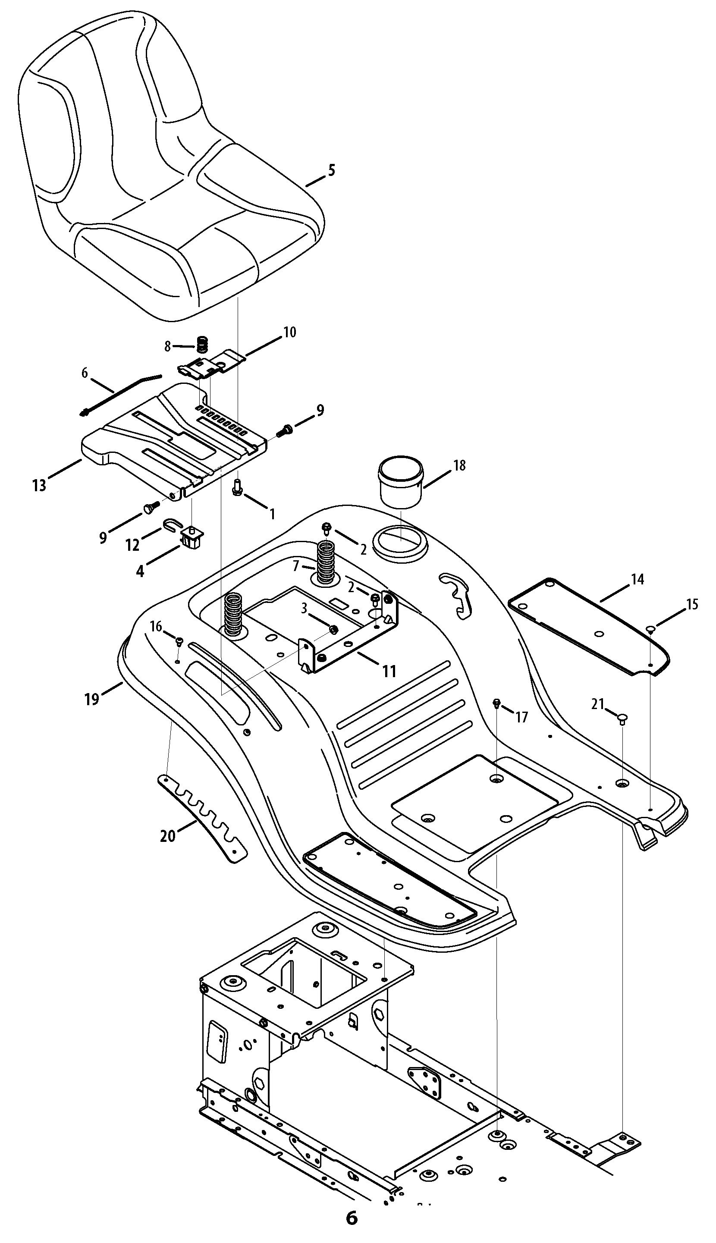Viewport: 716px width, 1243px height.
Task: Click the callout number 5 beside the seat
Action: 331,171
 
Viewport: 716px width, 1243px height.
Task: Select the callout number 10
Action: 290,333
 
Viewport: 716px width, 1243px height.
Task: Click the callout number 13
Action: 39,485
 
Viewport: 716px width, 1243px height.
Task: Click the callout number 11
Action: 389,671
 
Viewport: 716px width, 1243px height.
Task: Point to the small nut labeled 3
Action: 333,629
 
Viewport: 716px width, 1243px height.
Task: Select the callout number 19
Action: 92,698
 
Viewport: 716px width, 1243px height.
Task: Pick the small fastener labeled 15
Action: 650,628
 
